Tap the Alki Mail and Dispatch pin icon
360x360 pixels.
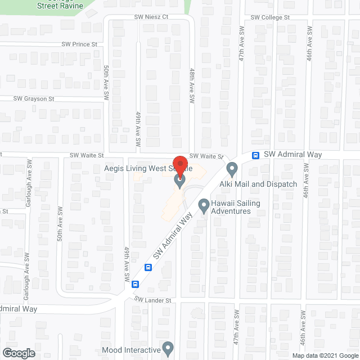232,169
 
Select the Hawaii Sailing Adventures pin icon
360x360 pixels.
204,206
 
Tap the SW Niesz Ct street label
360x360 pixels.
151,17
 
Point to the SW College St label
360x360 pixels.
270,17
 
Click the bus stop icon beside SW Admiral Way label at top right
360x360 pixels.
255,155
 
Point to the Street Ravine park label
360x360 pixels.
61,6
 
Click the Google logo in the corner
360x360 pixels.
18,353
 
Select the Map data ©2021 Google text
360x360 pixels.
324,355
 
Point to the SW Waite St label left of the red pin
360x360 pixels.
87,155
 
